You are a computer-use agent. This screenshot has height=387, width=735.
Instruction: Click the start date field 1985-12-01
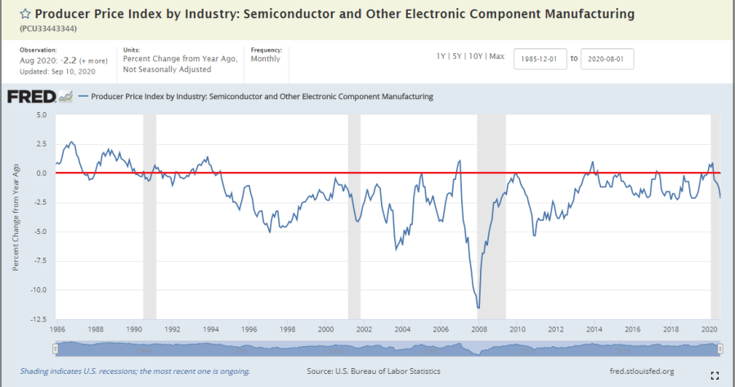tap(540, 60)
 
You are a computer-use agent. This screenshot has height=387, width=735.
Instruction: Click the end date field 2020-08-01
tap(607, 60)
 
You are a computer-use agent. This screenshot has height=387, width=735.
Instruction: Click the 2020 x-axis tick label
tap(708, 330)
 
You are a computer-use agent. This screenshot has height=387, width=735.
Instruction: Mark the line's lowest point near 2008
tap(478, 308)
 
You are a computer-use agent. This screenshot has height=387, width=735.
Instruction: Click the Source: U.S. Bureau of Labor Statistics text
tap(374, 371)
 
